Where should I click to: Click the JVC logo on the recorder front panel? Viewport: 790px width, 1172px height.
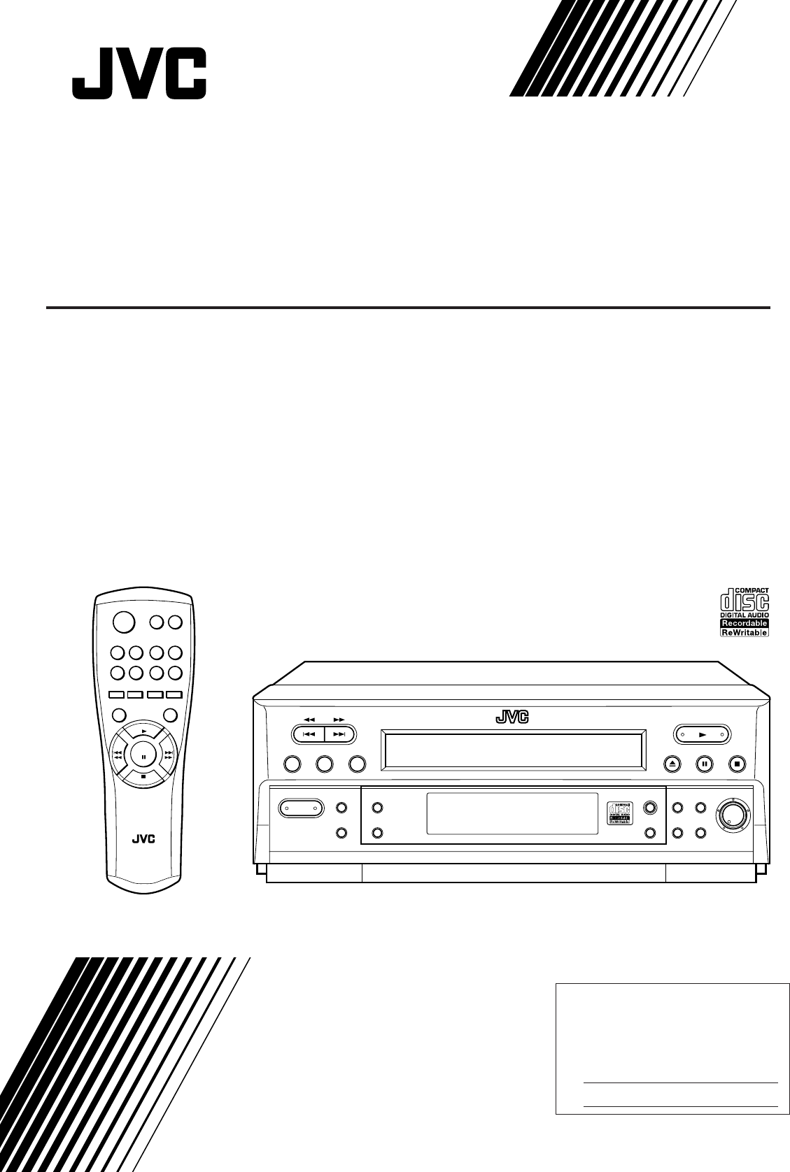pyautogui.click(x=513, y=716)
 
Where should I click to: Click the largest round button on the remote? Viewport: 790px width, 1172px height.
pyautogui.click(x=122, y=622)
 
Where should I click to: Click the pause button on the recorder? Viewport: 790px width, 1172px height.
pyautogui.click(x=704, y=764)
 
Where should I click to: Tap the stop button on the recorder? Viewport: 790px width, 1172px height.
pyautogui.click(x=738, y=764)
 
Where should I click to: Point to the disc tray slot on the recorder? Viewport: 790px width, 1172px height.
pyautogui.click(x=512, y=750)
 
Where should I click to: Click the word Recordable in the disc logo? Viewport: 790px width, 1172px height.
pyautogui.click(x=745, y=622)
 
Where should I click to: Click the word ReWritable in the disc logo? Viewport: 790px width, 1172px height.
pyautogui.click(x=745, y=632)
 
